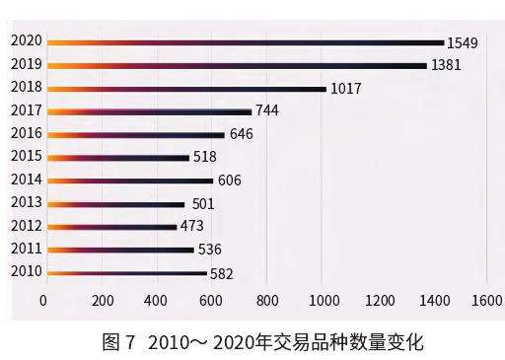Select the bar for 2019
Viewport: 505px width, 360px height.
(237, 65)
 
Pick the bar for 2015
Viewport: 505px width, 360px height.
(117, 157)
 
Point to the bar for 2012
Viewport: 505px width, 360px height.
(111, 227)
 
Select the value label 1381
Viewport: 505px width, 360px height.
(446, 66)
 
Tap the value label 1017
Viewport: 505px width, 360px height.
(345, 89)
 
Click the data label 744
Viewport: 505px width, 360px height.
(267, 111)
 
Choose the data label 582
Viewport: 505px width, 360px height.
(222, 273)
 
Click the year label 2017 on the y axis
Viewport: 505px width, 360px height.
(26, 110)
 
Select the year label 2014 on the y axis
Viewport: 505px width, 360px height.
(26, 180)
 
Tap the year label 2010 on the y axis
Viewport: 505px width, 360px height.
(26, 271)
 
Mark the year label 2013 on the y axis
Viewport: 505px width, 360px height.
(26, 202)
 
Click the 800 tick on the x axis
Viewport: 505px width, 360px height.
(266, 300)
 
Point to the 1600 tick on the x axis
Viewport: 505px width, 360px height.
(487, 300)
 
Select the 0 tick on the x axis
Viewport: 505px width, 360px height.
(44, 300)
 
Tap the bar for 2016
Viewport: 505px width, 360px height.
(136, 134)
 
